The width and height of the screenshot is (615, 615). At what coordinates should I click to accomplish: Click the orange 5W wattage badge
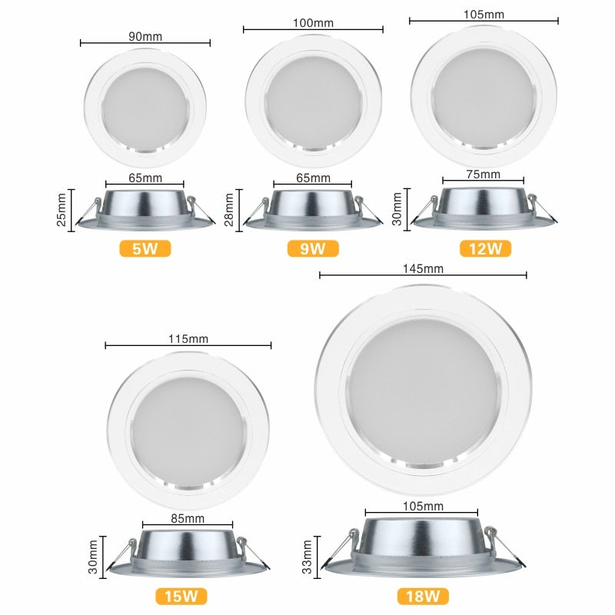click(x=145, y=248)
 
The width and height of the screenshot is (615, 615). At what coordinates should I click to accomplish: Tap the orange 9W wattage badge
click(x=314, y=248)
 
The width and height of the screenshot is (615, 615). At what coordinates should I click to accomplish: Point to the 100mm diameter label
click(x=314, y=23)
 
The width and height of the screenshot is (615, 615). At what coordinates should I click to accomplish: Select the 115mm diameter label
click(x=188, y=338)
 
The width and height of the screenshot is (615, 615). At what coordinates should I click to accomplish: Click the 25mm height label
click(x=63, y=210)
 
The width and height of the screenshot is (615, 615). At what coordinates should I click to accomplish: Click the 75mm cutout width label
click(x=483, y=175)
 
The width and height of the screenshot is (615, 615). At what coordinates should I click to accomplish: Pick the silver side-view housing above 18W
click(x=422, y=547)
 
